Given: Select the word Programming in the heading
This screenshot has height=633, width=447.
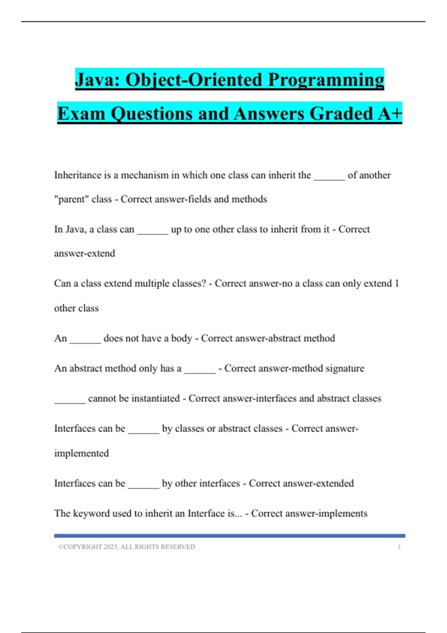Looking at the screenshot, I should point(326,80).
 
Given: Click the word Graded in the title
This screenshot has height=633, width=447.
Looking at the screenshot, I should point(342,113).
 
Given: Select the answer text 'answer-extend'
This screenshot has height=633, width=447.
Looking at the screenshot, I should point(85,253).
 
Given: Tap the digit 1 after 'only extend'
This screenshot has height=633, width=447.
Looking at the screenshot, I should point(397,283).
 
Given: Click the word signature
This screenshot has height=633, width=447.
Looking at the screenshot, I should point(345,368).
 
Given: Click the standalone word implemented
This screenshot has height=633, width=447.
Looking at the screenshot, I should point(82,453).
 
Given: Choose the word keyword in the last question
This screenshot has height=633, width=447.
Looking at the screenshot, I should point(91,513).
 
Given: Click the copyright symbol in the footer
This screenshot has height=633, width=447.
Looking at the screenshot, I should point(60,547).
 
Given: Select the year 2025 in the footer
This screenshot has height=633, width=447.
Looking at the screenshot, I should point(111,547).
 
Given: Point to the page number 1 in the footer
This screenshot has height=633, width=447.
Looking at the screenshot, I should point(399,547).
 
